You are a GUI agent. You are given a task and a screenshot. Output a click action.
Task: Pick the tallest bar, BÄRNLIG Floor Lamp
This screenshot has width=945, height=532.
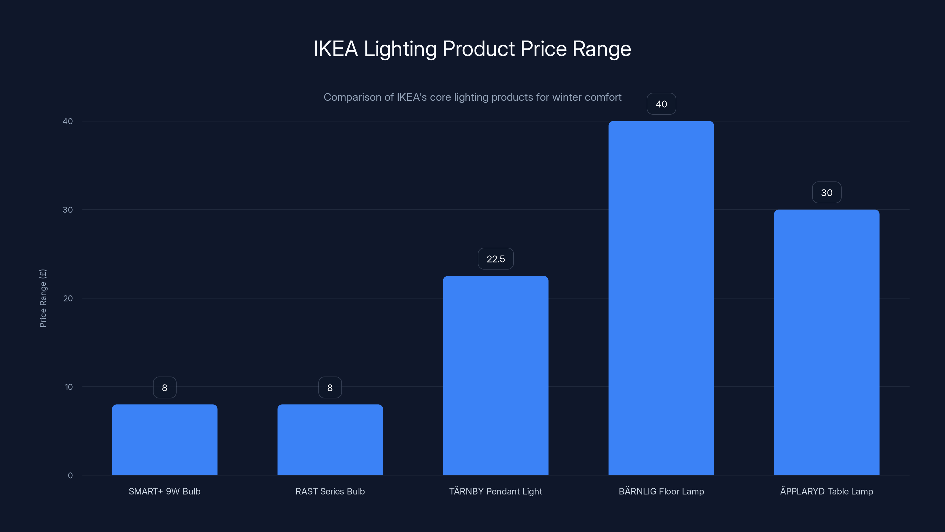pos(661,298)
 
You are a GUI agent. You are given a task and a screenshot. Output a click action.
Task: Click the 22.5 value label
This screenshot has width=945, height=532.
pos(496,259)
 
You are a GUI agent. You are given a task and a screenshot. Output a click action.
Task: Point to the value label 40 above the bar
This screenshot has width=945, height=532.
pos(661,104)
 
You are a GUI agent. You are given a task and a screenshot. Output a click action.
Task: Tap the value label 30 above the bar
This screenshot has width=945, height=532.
pos(827,192)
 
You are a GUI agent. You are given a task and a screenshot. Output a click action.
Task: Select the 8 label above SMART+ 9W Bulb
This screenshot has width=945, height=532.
pos(164,387)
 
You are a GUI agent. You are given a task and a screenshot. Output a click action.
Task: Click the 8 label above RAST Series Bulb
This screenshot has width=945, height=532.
pos(330,387)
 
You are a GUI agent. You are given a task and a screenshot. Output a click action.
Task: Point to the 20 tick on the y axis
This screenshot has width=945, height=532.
pos(68,298)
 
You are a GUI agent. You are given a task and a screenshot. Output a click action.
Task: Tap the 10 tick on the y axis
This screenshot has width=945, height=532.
pos(69,387)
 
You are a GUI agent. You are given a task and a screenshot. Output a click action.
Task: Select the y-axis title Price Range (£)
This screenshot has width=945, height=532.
pos(43,298)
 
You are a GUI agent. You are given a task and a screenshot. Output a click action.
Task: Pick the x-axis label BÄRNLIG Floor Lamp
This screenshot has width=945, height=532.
pos(661,491)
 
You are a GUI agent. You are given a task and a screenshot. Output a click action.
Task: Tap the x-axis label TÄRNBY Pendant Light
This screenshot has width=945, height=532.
pos(496,491)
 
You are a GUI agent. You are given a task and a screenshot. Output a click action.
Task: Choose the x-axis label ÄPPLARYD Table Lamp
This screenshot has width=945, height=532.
pos(827,491)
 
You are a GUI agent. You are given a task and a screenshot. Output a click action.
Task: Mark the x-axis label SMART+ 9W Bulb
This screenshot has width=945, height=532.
pos(164,491)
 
